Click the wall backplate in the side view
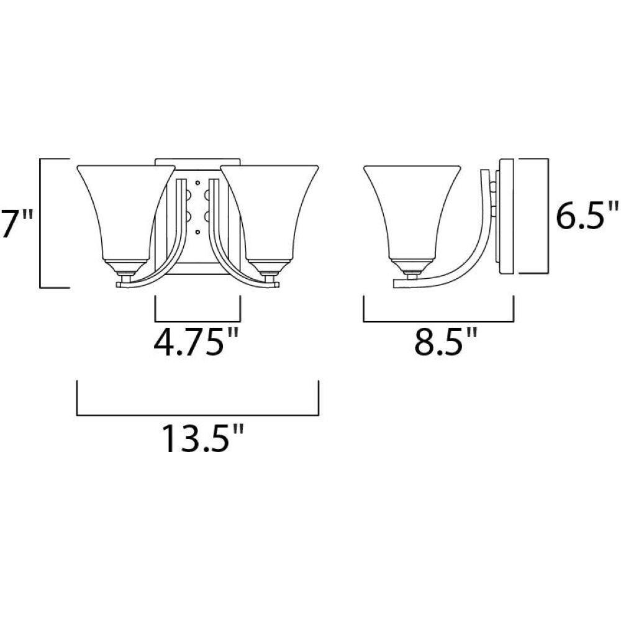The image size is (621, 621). coord(507,216)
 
